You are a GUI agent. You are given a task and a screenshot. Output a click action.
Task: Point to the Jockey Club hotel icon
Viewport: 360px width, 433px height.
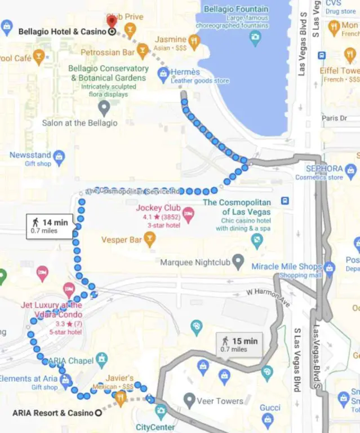(x=188, y=213)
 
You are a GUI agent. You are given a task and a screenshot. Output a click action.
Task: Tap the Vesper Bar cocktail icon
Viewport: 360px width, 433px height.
(x=149, y=240)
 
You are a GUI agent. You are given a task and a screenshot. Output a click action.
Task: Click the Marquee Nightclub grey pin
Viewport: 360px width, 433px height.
(x=238, y=262)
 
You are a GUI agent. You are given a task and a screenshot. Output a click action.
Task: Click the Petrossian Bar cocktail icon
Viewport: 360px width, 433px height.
(x=143, y=53)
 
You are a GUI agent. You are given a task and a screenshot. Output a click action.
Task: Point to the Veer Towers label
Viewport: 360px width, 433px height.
(x=220, y=401)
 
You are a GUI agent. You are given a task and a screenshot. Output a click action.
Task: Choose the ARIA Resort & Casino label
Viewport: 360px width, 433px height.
(x=52, y=413)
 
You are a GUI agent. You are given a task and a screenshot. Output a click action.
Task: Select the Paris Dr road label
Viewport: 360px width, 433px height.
(x=335, y=118)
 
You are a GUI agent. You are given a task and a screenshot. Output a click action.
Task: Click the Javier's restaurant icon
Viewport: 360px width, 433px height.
(x=121, y=399)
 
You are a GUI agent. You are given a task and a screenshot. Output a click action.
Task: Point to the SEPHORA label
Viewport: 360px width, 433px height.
(x=324, y=169)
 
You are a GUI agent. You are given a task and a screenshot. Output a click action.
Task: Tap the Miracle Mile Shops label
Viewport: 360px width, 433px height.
(x=286, y=266)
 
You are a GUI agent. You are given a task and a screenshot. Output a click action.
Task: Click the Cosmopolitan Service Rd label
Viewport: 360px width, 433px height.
(x=133, y=191)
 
